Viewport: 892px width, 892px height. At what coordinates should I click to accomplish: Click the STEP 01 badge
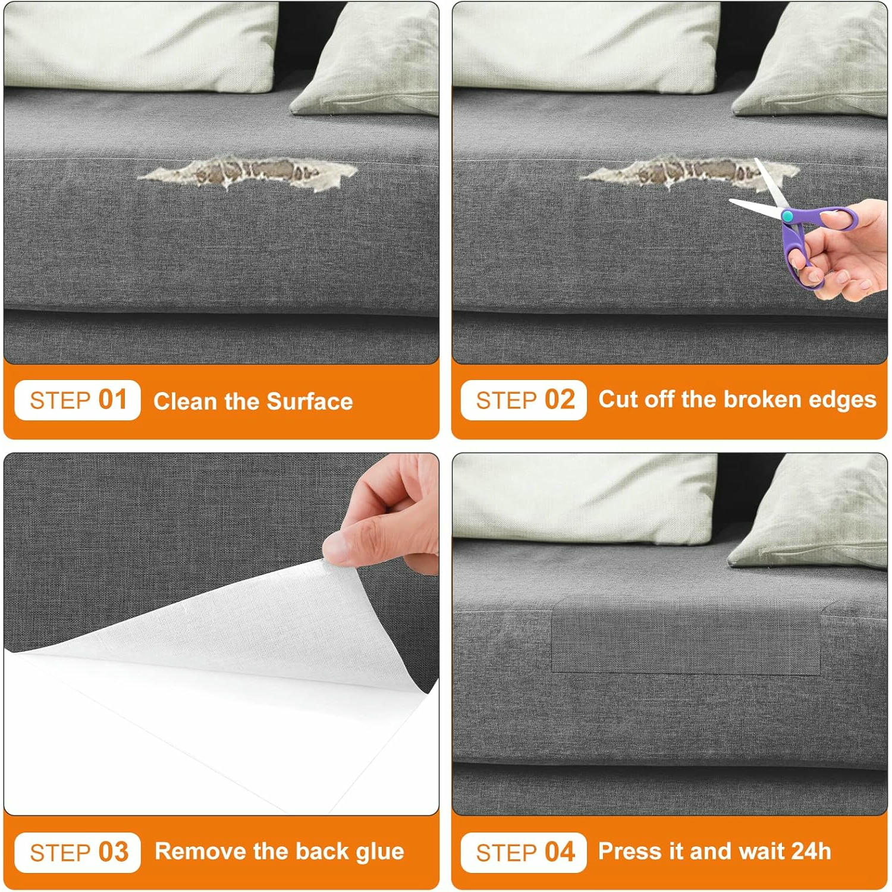tap(77, 400)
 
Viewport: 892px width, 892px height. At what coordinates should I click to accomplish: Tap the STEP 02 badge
tap(524, 400)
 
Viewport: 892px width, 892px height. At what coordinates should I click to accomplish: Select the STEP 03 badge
tap(77, 852)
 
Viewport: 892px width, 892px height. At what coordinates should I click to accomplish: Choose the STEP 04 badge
tap(524, 852)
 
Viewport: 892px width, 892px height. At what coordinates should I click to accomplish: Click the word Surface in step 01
tap(310, 401)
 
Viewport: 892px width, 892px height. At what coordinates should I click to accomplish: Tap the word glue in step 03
tap(379, 852)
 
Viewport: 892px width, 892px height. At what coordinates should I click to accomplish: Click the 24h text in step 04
tap(811, 851)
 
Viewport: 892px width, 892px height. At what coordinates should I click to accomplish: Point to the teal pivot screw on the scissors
tap(787, 216)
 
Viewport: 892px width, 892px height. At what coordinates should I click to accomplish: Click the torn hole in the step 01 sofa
tap(249, 173)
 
